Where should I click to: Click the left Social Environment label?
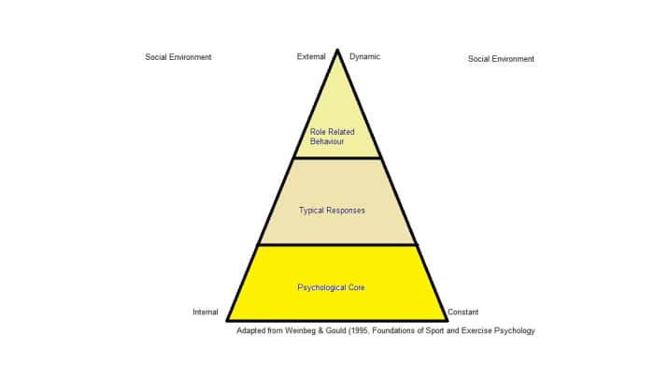pyautogui.click(x=178, y=57)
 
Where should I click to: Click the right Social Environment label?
pyautogui.click(x=501, y=59)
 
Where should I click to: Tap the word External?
pyautogui.click(x=311, y=56)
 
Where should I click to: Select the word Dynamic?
pyautogui.click(x=364, y=56)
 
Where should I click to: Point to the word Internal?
pyautogui.click(x=206, y=312)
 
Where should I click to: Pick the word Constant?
pyautogui.click(x=463, y=312)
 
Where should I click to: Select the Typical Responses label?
pyautogui.click(x=332, y=211)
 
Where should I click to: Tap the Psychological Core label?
pyautogui.click(x=331, y=286)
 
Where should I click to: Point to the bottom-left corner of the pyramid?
pyautogui.click(x=227, y=320)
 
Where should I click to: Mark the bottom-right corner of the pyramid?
pyautogui.click(x=448, y=320)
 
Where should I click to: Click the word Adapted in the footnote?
pyautogui.click(x=253, y=330)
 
